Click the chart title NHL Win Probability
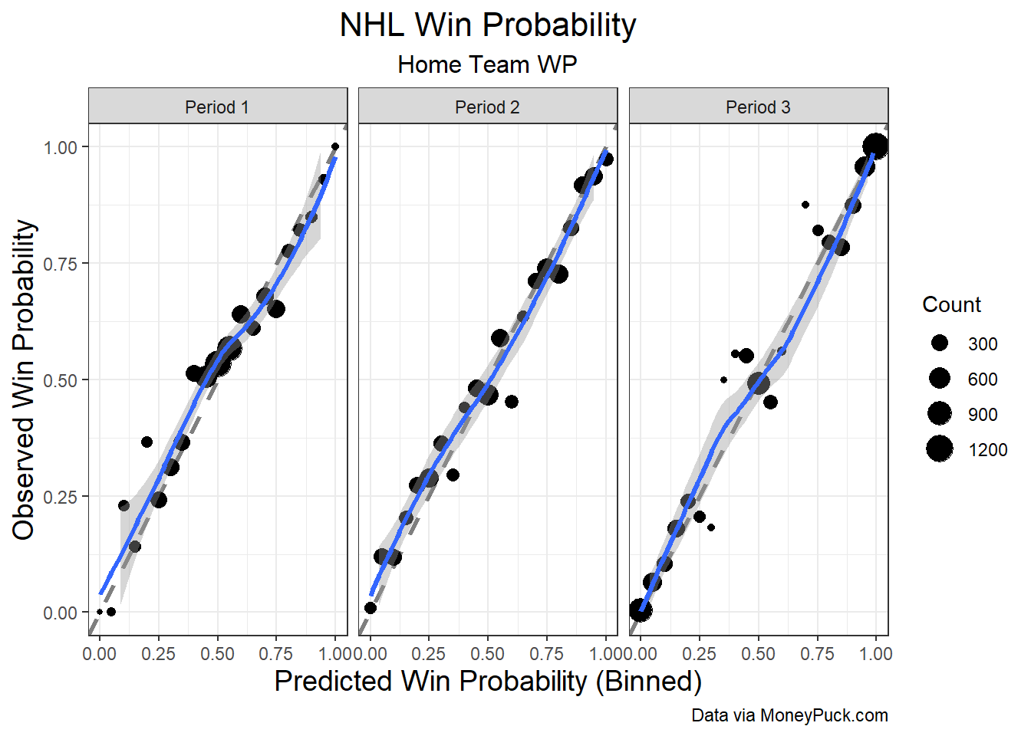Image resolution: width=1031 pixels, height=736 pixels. (x=488, y=25)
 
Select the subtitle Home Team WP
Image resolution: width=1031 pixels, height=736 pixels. (x=487, y=64)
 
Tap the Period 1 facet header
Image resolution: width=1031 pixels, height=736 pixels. (x=217, y=107)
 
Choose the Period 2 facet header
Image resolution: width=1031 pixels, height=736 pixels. (x=487, y=107)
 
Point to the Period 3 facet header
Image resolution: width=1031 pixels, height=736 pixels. (x=758, y=107)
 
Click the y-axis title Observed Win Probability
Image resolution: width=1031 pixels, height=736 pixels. (x=23, y=380)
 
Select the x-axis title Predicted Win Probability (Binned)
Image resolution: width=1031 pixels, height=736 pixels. (x=489, y=682)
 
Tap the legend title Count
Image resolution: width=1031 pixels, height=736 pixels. (x=951, y=304)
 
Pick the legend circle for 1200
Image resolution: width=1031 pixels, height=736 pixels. (x=940, y=449)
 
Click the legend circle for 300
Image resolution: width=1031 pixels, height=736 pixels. (x=940, y=343)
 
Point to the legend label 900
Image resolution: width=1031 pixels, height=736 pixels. (x=982, y=415)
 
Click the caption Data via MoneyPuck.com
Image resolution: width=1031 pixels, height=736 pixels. (x=789, y=716)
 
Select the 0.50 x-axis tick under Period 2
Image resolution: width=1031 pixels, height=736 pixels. (x=488, y=654)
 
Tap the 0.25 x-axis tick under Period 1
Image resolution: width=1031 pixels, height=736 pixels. (x=159, y=654)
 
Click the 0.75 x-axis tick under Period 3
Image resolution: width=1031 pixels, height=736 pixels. (x=818, y=654)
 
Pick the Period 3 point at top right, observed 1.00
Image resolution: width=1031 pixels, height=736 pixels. (x=875, y=146)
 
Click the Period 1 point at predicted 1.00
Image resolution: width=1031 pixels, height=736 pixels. (x=335, y=146)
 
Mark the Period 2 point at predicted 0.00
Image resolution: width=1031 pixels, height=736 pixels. (x=371, y=608)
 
